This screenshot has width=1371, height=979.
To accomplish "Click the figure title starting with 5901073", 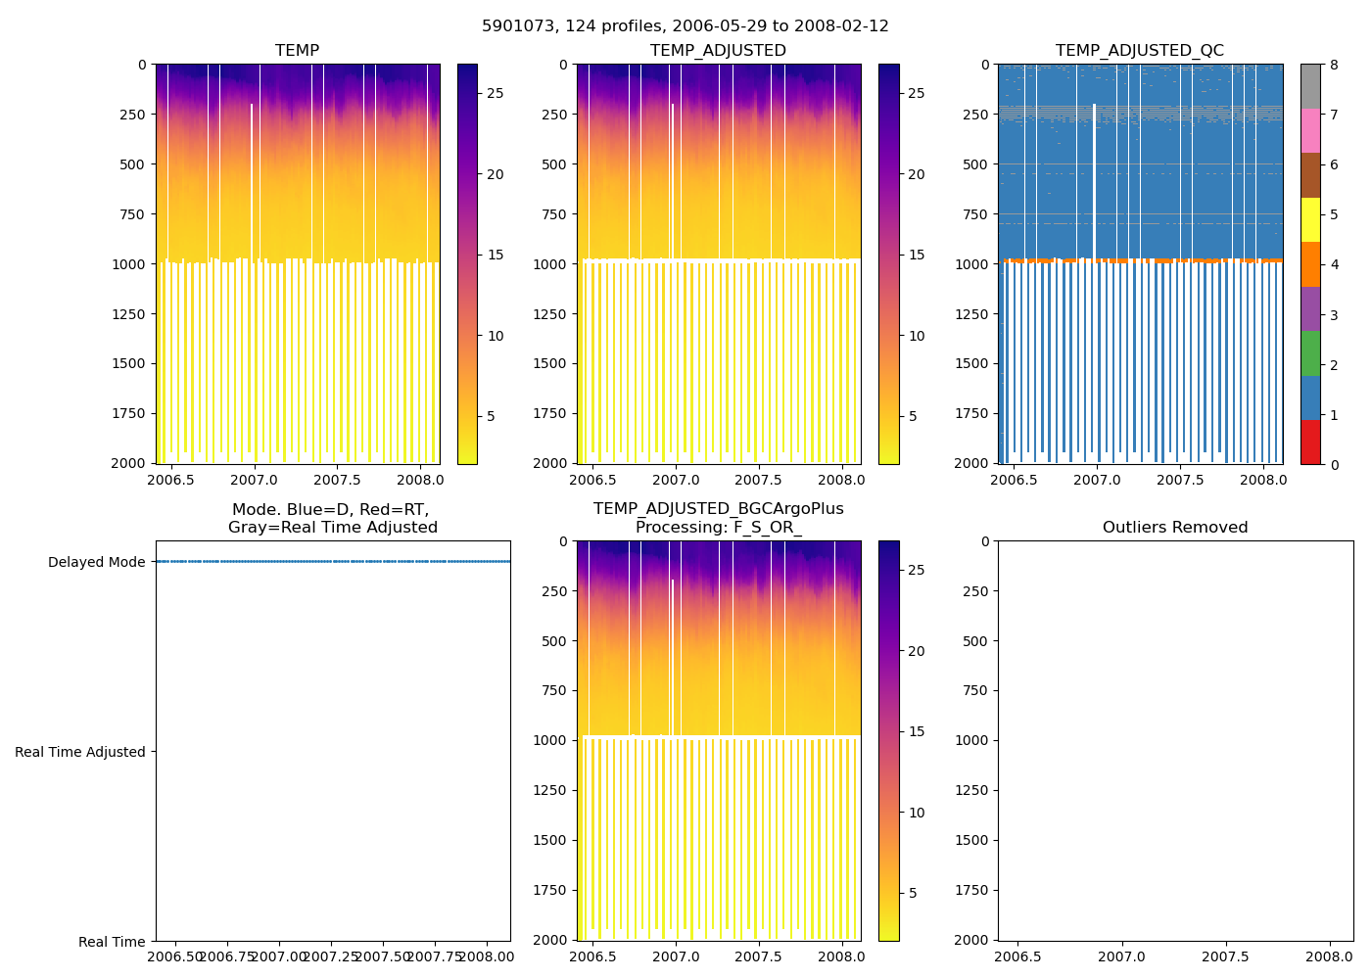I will click(x=685, y=26).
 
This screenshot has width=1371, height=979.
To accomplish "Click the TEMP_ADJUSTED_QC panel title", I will click(x=1139, y=51).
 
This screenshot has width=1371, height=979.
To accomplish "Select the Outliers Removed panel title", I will click(x=1174, y=528).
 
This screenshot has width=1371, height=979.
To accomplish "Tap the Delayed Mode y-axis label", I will click(x=96, y=562).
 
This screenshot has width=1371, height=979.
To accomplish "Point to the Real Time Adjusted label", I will click(x=79, y=752).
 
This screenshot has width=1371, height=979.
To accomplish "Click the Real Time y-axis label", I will click(x=112, y=942).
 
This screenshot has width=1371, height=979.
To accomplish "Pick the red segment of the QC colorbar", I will click(x=1310, y=442).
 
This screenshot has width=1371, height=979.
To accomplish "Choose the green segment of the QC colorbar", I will click(x=1310, y=353).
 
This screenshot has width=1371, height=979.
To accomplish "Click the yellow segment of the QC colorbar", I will click(x=1310, y=220).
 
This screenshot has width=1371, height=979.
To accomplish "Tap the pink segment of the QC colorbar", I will click(x=1310, y=131).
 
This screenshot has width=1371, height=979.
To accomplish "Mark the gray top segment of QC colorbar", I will click(x=1310, y=86).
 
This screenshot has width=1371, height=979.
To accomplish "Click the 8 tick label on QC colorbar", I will click(x=1333, y=66).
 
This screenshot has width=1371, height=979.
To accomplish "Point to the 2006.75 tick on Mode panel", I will click(x=228, y=956).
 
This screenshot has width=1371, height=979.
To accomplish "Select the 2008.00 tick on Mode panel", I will click(x=487, y=956).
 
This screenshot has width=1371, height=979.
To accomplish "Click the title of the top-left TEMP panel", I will click(x=297, y=51).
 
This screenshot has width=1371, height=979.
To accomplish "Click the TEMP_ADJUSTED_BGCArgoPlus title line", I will click(x=718, y=509).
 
